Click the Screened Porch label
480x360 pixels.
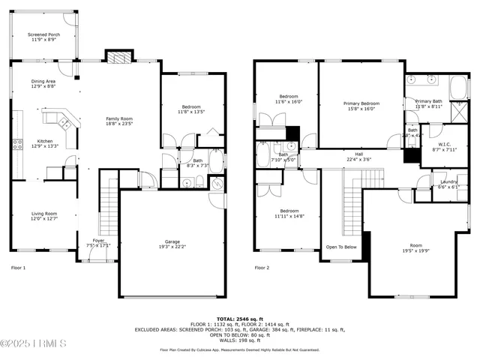click(43, 34)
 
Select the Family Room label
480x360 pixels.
click(118, 118)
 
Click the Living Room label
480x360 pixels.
click(43, 214)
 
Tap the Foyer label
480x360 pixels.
click(98, 240)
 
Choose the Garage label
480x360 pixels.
click(172, 241)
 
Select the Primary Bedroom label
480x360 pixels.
click(361, 103)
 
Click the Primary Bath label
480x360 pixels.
click(428, 100)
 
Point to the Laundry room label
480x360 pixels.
click(448, 181)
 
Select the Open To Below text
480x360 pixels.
click(341, 247)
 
